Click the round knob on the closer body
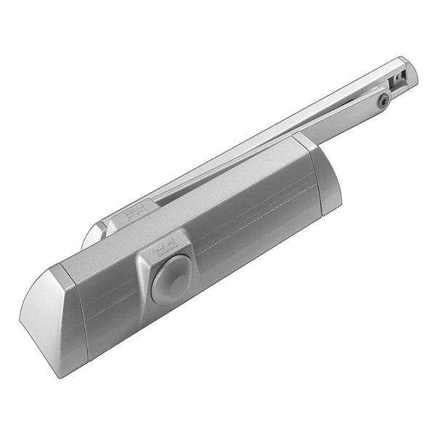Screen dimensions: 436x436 coord(172,278)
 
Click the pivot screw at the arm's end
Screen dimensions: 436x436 coord(383,102)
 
